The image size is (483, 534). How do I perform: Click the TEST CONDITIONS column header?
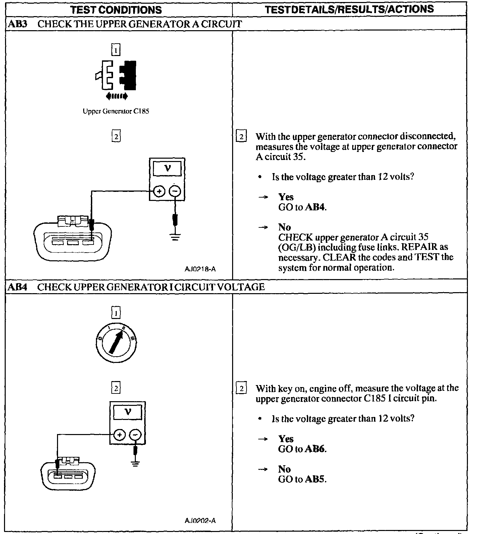[116, 10]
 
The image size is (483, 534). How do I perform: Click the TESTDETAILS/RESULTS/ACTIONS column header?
[349, 9]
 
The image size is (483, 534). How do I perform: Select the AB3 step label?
[17, 24]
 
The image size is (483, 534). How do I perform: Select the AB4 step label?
[17, 287]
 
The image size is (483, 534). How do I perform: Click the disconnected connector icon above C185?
[116, 76]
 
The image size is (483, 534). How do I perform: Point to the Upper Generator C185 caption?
[116, 111]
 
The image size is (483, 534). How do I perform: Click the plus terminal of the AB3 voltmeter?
[159, 192]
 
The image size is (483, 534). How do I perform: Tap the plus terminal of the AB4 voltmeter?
[119, 435]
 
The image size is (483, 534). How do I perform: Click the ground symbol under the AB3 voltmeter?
[175, 237]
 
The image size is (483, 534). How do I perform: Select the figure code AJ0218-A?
[200, 269]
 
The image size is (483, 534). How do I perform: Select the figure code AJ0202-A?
[200, 521]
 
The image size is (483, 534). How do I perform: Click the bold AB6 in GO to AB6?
[315, 449]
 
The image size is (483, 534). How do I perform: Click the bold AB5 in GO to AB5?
[315, 479]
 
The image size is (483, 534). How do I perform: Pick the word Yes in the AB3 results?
[286, 197]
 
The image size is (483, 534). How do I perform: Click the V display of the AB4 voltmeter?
[127, 412]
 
